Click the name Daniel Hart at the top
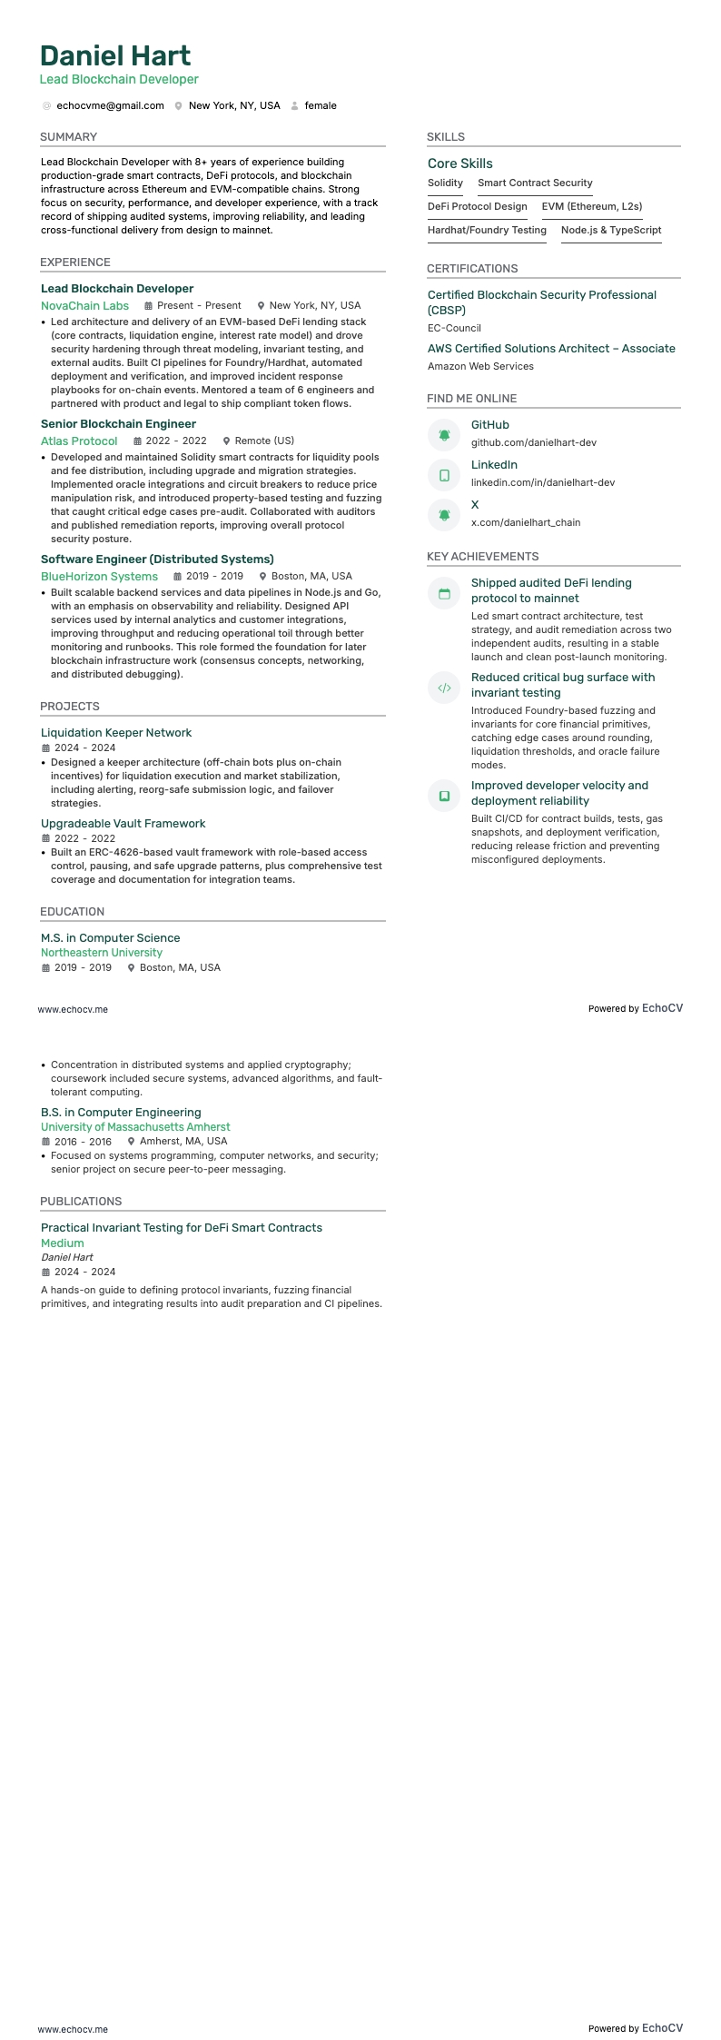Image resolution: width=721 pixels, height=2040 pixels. pyautogui.click(x=115, y=55)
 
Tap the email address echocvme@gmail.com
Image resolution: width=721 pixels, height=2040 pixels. pyautogui.click(x=110, y=105)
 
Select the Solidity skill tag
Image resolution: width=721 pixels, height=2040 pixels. pyautogui.click(x=445, y=183)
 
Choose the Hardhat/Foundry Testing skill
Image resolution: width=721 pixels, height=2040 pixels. pyautogui.click(x=487, y=230)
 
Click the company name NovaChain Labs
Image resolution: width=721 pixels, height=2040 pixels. pyautogui.click(x=84, y=306)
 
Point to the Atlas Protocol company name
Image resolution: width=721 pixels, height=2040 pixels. pyautogui.click(x=79, y=441)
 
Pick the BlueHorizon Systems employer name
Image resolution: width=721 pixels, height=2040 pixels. pyautogui.click(x=99, y=577)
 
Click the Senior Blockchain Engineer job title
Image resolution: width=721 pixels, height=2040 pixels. pyautogui.click(x=118, y=424)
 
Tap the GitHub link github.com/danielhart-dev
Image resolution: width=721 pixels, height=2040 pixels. pyautogui.click(x=533, y=442)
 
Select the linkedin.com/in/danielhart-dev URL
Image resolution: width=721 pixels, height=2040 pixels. pyautogui.click(x=542, y=482)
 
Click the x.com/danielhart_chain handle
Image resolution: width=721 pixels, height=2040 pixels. pyautogui.click(x=525, y=522)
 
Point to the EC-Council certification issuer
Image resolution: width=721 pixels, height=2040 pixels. pyautogui.click(x=454, y=328)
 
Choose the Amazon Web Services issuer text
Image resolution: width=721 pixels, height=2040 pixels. pyautogui.click(x=480, y=366)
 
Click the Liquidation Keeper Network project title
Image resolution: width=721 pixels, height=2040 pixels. pyautogui.click(x=116, y=733)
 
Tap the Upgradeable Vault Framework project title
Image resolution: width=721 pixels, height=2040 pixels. pyautogui.click(x=123, y=824)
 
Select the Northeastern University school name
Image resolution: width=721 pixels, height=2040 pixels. pyautogui.click(x=102, y=953)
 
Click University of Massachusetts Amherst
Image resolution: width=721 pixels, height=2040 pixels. pyautogui.click(x=135, y=1127)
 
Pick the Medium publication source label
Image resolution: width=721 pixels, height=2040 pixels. pyautogui.click(x=62, y=1243)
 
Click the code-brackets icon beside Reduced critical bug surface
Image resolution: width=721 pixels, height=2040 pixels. pyautogui.click(x=444, y=688)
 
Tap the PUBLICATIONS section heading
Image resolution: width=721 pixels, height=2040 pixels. pyautogui.click(x=81, y=1202)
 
